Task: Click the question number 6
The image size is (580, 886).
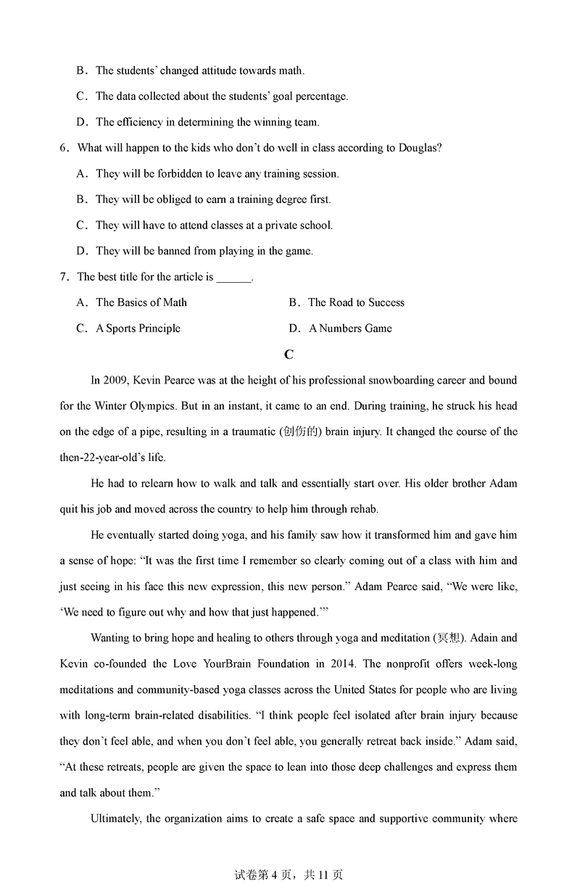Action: click(x=64, y=148)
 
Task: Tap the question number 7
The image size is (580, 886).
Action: click(x=64, y=277)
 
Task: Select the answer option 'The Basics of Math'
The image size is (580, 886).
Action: click(x=141, y=302)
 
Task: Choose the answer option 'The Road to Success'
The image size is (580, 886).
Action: click(x=356, y=302)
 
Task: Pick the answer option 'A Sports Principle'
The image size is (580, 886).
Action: click(x=138, y=328)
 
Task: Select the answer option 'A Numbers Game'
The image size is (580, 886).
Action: click(x=350, y=328)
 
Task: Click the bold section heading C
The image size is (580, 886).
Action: click(x=289, y=355)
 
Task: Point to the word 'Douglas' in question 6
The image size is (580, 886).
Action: click(x=419, y=148)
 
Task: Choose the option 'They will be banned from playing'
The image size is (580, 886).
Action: click(x=204, y=251)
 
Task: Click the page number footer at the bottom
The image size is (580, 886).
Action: click(x=289, y=875)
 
